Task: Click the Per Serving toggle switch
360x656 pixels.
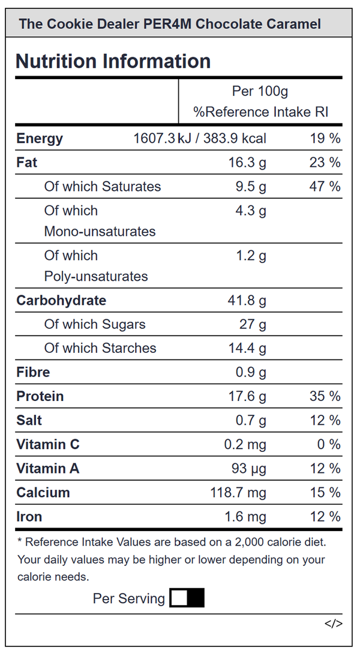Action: pyautogui.click(x=187, y=597)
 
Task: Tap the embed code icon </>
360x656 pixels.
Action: pyautogui.click(x=333, y=624)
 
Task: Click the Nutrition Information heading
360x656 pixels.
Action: pyautogui.click(x=113, y=61)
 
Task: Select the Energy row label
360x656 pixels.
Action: pyautogui.click(x=40, y=139)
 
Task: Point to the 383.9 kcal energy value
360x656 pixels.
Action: pyautogui.click(x=235, y=138)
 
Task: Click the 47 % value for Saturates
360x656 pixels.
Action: pyautogui.click(x=325, y=186)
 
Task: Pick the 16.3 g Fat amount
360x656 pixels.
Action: pyautogui.click(x=247, y=162)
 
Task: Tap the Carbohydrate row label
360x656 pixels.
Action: pyautogui.click(x=61, y=300)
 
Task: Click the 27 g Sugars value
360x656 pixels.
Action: pyautogui.click(x=253, y=324)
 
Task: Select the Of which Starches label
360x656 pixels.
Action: pyautogui.click(x=100, y=348)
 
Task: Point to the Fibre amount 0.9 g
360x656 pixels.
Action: pyautogui.click(x=251, y=372)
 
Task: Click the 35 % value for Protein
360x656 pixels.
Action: pyautogui.click(x=325, y=396)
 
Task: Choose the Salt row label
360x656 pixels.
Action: pyautogui.click(x=29, y=420)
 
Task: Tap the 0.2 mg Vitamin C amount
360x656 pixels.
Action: pyautogui.click(x=245, y=444)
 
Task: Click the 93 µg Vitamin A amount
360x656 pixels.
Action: pyautogui.click(x=249, y=469)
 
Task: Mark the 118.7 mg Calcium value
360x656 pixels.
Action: pyautogui.click(x=238, y=492)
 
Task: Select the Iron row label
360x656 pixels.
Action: pyautogui.click(x=29, y=517)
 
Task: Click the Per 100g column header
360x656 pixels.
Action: pyautogui.click(x=260, y=91)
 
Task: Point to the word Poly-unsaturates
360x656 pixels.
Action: pyautogui.click(x=96, y=276)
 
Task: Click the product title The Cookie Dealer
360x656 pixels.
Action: pyautogui.click(x=79, y=24)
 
